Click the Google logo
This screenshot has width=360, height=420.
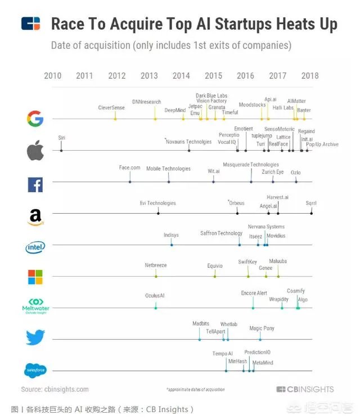click(x=35, y=119)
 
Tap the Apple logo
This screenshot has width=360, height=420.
click(x=35, y=151)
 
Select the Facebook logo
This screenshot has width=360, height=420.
click(x=35, y=184)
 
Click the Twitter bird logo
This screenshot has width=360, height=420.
click(x=35, y=337)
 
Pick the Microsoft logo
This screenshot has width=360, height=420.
click(x=35, y=277)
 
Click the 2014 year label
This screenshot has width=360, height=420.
click(x=181, y=76)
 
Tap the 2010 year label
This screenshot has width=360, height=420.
click(x=52, y=76)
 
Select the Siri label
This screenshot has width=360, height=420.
click(x=61, y=138)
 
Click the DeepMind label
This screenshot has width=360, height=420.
click(x=175, y=110)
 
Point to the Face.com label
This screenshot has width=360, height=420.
click(x=130, y=168)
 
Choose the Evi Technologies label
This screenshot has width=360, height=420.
click(x=157, y=203)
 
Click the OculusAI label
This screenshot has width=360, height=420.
click(x=155, y=296)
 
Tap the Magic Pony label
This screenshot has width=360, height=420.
click(x=262, y=328)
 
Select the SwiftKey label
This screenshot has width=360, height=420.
click(x=247, y=261)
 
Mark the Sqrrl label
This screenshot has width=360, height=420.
click(x=311, y=203)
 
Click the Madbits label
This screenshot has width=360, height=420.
click(x=201, y=324)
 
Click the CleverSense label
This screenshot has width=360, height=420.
click(x=111, y=107)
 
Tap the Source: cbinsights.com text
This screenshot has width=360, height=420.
click(x=55, y=389)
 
